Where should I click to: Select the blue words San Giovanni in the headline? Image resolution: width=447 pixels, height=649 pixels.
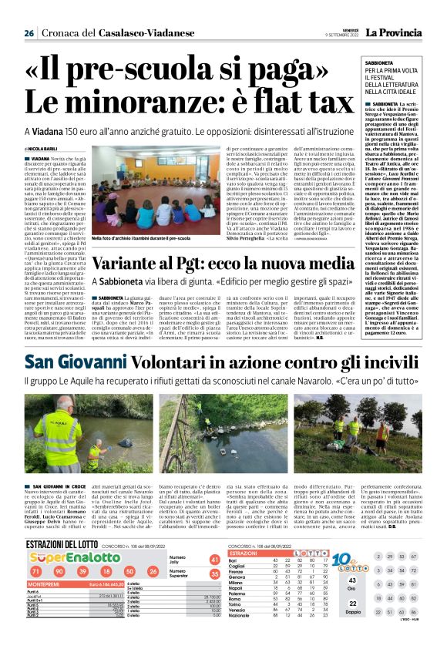click(x=64, y=361)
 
